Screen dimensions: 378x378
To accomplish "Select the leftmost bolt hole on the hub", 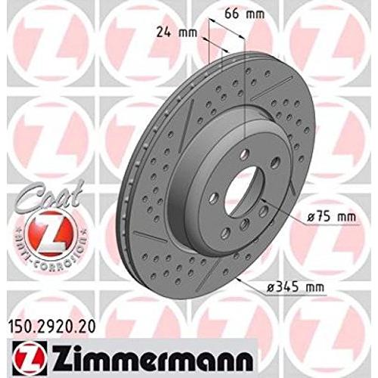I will (x=214, y=197).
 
